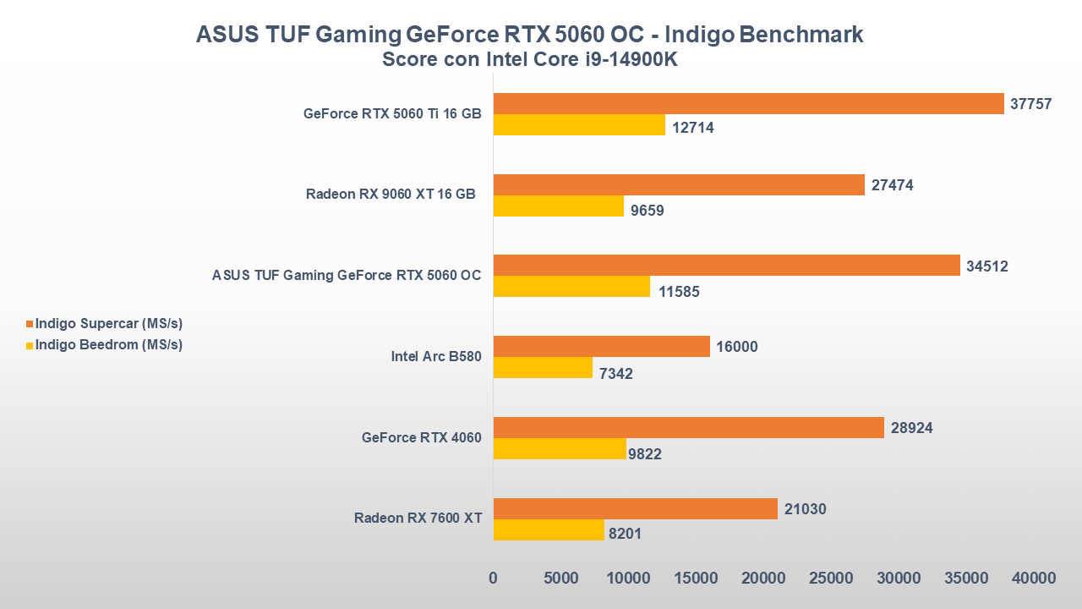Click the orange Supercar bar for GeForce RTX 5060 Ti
[748, 103]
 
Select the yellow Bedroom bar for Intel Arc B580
[543, 368]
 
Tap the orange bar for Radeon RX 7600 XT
[635, 508]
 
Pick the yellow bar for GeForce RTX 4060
[560, 449]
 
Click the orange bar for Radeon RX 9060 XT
[679, 184]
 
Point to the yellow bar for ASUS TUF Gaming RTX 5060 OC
[571, 287]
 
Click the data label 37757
[1031, 103]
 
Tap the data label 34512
[987, 266]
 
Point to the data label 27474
[893, 185]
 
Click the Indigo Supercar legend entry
[108, 324]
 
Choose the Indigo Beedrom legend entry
[108, 344]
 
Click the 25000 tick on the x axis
[831, 579]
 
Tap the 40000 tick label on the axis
[1033, 579]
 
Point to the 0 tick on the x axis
[494, 579]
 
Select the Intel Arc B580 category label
[435, 356]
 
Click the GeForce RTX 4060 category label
[421, 437]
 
